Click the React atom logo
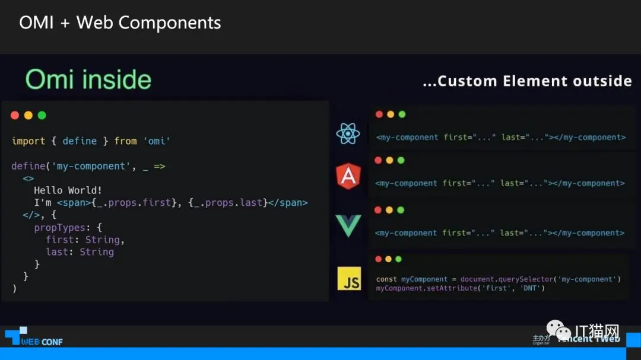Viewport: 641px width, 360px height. [x=348, y=133]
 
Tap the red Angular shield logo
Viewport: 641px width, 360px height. [x=348, y=176]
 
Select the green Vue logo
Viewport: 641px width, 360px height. [x=348, y=226]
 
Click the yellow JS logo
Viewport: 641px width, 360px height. [x=349, y=278]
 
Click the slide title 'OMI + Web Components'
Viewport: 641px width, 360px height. [x=120, y=23]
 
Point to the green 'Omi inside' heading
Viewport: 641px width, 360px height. [x=88, y=79]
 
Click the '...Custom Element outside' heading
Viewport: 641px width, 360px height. [x=527, y=81]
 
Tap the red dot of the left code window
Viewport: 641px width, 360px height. [x=15, y=115]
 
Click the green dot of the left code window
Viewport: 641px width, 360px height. [x=42, y=115]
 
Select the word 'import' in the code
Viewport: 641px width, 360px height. [x=28, y=141]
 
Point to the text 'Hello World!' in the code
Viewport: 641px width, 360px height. [x=68, y=190]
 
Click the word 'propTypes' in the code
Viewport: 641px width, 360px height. [x=59, y=227]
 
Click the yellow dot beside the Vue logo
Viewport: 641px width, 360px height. [x=389, y=210]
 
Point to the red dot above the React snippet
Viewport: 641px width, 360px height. [x=379, y=114]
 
